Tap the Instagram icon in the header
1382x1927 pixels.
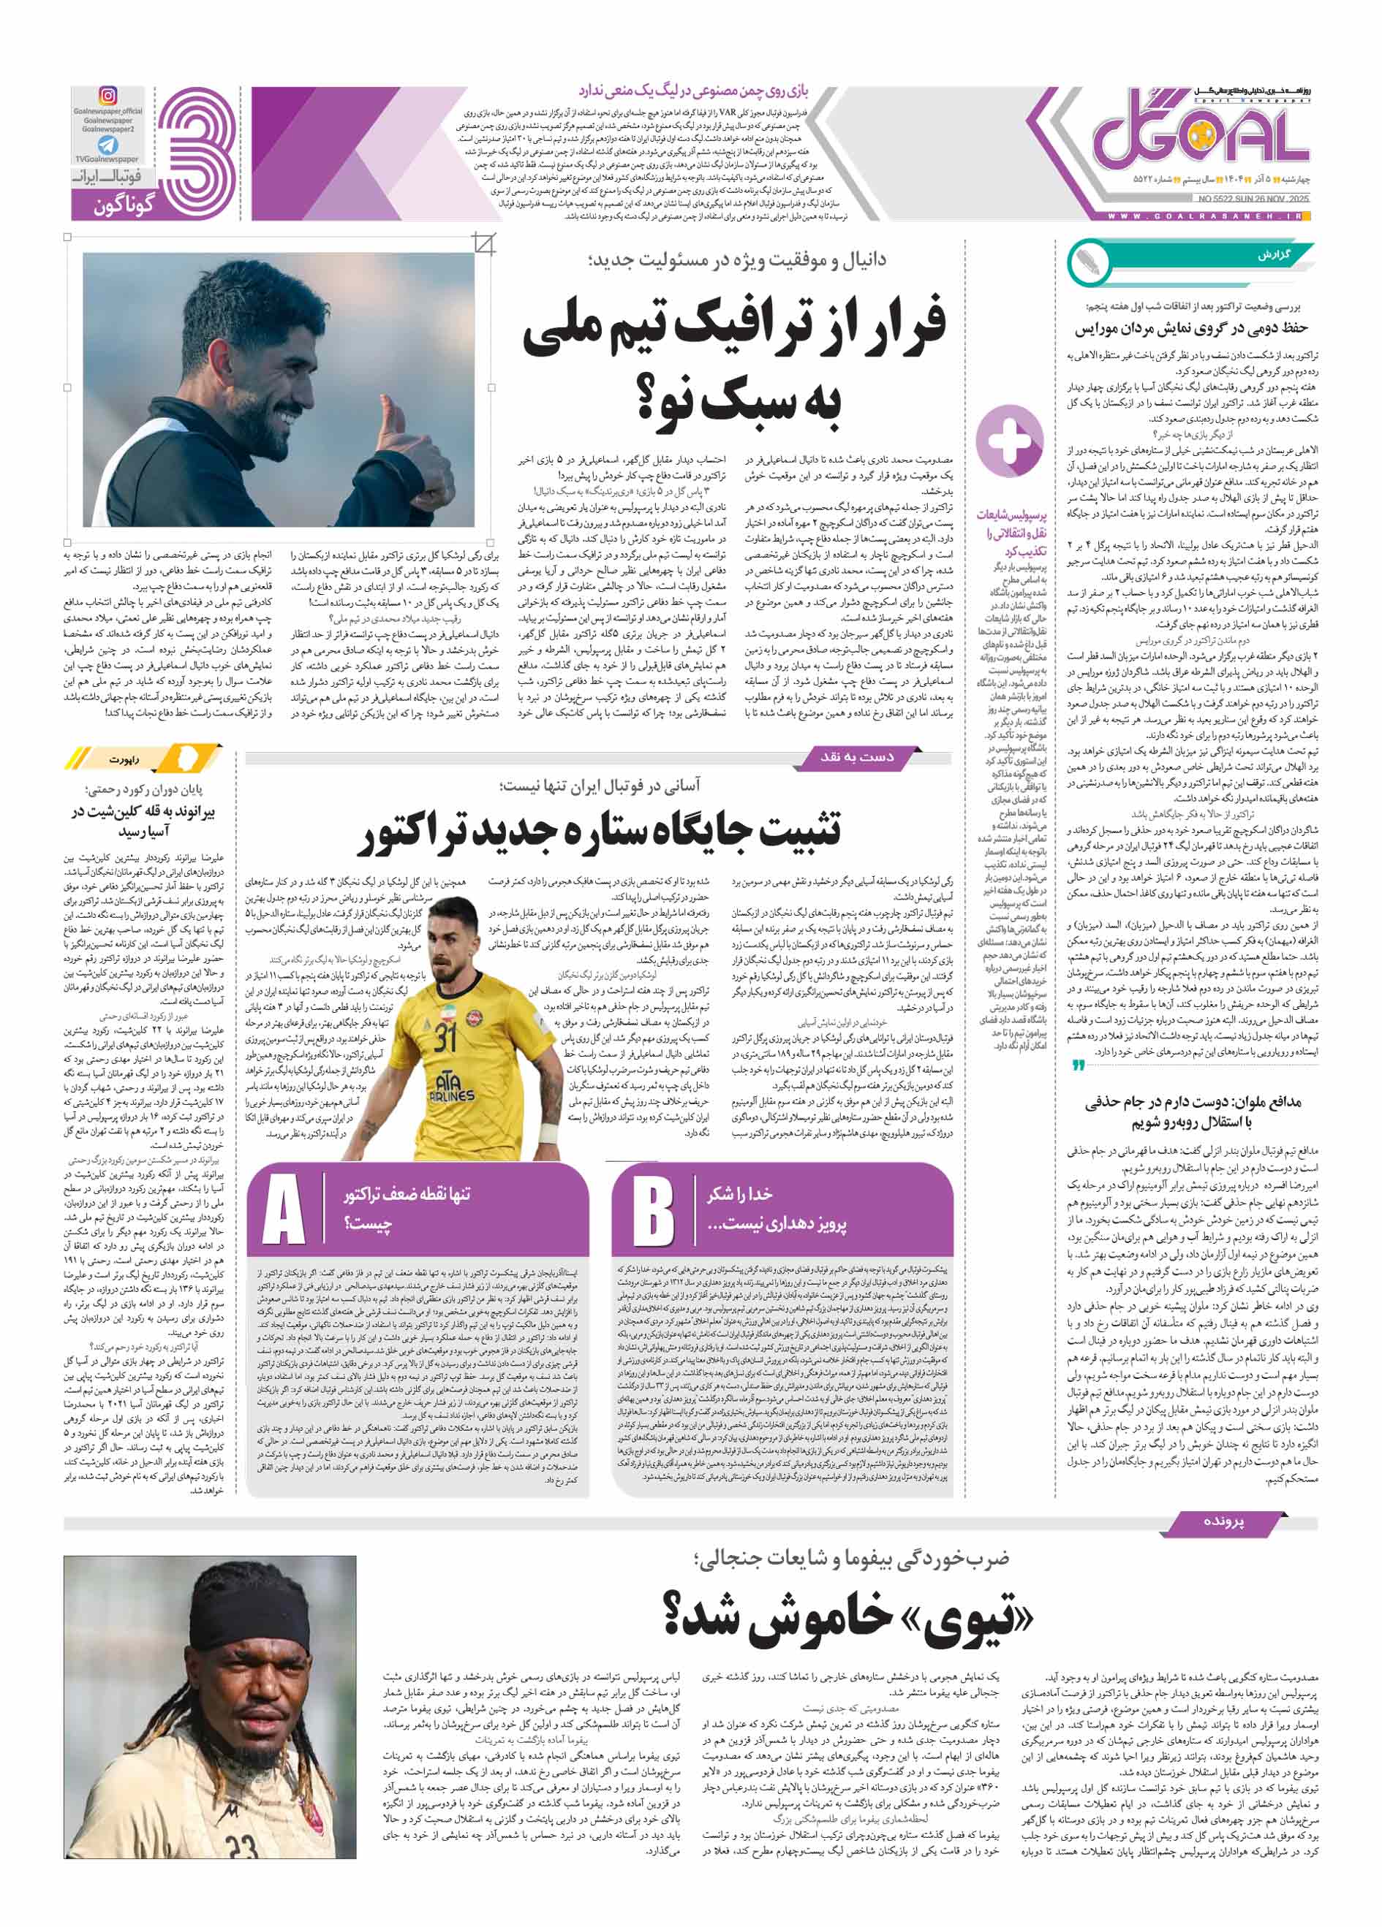pyautogui.click(x=108, y=95)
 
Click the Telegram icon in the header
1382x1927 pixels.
pyautogui.click(x=108, y=145)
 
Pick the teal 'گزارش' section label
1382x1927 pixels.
pyautogui.click(x=1273, y=255)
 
